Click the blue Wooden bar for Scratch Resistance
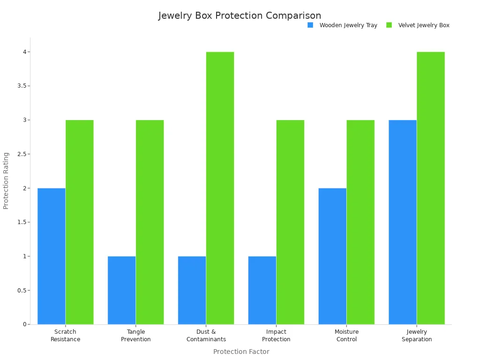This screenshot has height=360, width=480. point(52,256)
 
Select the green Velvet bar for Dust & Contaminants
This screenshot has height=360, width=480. point(220,187)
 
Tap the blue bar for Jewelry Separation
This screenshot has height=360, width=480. point(403,222)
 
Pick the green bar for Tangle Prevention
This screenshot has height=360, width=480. point(150,222)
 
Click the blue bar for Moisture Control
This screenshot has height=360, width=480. point(332,256)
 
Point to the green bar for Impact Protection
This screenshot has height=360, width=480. point(290,222)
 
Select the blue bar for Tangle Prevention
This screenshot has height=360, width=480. point(121,290)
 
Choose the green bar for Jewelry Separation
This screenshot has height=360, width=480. point(431,187)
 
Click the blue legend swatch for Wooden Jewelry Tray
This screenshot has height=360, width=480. point(310,25)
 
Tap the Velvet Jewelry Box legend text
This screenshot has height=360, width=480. point(424,25)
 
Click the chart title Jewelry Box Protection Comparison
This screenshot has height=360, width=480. point(240,15)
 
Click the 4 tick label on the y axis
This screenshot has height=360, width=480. point(24,52)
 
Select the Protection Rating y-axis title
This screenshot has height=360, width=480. point(6,180)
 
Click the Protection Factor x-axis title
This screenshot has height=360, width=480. point(241,352)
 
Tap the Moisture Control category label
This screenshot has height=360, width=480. point(346,336)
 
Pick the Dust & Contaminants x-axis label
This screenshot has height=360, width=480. point(206,336)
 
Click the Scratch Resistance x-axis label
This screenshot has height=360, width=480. point(65,336)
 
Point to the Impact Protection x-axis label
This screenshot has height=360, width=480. point(276,336)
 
